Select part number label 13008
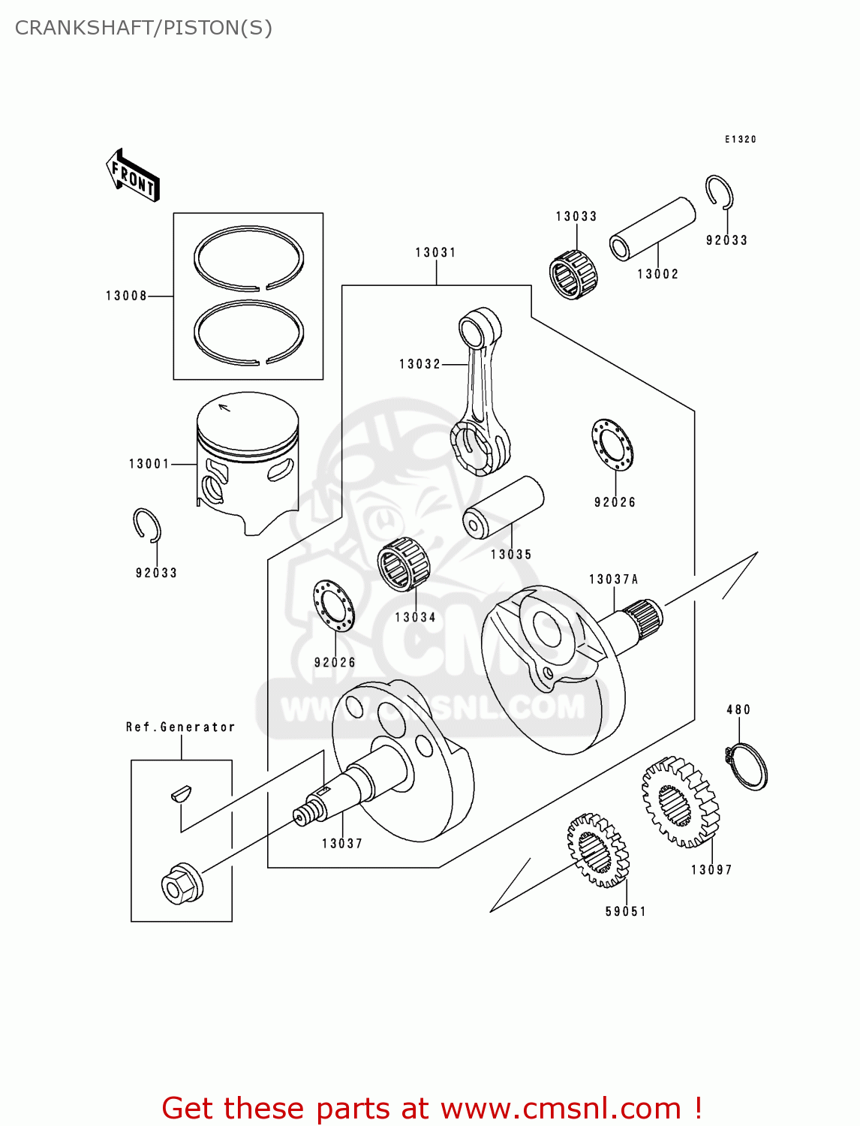[126, 296]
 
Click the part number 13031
[436, 253]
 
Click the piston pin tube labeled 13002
[651, 228]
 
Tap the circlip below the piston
[147, 525]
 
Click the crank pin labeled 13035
[503, 507]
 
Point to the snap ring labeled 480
[747, 765]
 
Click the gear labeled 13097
[680, 802]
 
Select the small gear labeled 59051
[597, 850]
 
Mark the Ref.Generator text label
[180, 727]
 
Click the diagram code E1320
[741, 140]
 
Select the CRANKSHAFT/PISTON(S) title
[143, 28]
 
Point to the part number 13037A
[613, 580]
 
